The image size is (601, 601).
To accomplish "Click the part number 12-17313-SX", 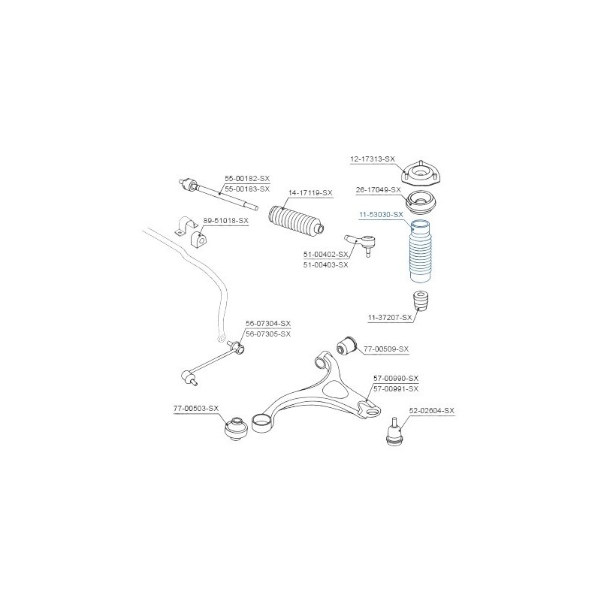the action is point(372,159).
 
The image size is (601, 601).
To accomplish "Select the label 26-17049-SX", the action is point(378,190).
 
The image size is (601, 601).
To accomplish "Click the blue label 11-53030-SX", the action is point(381,215).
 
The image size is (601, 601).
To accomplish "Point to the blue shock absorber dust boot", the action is point(421,251).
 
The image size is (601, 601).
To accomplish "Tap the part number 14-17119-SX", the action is point(310,193).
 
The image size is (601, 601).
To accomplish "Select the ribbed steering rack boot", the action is point(297,222).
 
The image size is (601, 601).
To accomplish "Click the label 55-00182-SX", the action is point(247,178).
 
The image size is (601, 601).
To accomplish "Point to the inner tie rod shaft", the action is point(218,195).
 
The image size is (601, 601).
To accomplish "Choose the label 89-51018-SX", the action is point(226,221).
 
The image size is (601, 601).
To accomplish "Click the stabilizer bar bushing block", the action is point(198,238).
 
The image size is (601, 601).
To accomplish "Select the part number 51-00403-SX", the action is point(326,265).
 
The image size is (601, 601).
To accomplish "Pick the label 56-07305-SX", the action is point(268,334).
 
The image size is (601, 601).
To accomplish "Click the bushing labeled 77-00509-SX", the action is point(346,346).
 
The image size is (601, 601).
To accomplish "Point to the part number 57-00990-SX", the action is point(396,379).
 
